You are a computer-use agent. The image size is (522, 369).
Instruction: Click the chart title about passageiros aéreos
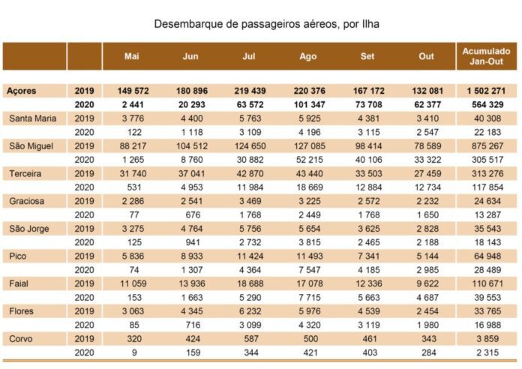coord(267,24)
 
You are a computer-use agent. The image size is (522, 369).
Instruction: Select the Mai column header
coord(132,56)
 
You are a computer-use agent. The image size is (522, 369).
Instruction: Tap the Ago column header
coord(308,56)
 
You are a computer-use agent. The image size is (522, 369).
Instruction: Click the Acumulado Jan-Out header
coord(487,56)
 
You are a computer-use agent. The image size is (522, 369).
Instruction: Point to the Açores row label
coord(21,91)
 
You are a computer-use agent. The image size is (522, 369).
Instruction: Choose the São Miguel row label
coord(31,145)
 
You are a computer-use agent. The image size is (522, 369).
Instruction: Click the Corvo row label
coord(21,339)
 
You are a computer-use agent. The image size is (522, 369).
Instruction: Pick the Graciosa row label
coord(27,201)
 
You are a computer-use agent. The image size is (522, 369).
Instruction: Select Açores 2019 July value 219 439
coord(250,91)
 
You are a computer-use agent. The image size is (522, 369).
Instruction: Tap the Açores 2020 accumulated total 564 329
coord(487,104)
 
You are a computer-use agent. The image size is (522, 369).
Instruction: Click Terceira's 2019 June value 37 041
coord(193,173)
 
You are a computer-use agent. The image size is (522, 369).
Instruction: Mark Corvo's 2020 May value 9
coord(134,352)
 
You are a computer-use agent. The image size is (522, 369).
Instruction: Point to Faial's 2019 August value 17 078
coord(310,283)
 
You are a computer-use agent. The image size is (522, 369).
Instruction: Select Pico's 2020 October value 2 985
coord(427,270)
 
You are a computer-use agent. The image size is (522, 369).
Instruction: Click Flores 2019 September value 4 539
coord(369,311)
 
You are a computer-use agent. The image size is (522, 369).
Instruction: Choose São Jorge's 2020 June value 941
coord(193,242)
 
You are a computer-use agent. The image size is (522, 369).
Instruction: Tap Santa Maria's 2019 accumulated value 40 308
coord(487,118)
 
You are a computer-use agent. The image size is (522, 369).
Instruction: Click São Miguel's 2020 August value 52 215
coord(310,160)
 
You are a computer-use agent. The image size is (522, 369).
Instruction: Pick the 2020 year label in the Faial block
coord(84,298)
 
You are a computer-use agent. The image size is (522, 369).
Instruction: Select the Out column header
coord(427,56)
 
